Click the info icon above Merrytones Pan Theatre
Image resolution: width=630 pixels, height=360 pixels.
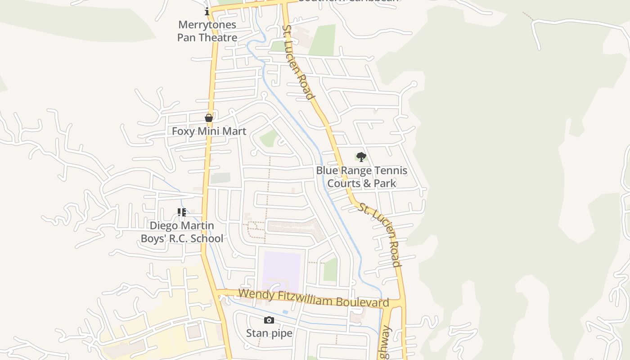(207, 11)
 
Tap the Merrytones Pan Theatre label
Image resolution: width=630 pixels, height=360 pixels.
(207, 31)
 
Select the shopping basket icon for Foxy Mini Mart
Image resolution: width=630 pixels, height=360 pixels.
(209, 118)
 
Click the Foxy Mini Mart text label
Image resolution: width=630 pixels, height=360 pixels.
(209, 131)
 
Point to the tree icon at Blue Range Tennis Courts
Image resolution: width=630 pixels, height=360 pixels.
(361, 157)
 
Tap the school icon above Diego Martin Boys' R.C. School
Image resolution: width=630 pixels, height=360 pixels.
(182, 212)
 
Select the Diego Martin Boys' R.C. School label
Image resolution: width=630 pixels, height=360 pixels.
(182, 232)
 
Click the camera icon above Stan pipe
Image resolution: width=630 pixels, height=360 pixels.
(269, 320)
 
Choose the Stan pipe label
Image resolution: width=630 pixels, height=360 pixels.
(269, 333)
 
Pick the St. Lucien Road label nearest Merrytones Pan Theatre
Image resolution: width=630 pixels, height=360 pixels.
(297, 62)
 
